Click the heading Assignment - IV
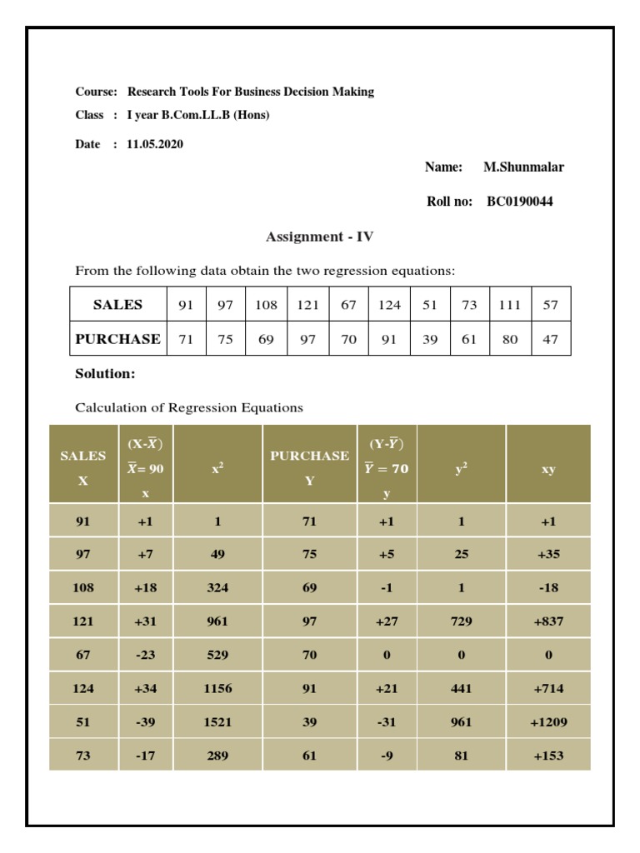point(319,237)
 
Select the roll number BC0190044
point(519,202)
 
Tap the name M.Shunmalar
point(523,167)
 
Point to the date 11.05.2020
point(155,144)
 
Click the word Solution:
point(105,374)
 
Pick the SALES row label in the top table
point(117,305)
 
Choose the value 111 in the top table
point(509,305)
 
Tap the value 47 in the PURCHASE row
point(550,339)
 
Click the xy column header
point(547,469)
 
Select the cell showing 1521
point(217,722)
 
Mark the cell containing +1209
point(547,722)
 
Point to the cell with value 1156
point(217,689)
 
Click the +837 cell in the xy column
point(547,621)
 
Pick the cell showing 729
point(461,621)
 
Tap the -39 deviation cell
point(146,722)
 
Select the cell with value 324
point(217,587)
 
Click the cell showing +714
point(547,689)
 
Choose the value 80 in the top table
point(509,339)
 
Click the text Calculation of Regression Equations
point(189,408)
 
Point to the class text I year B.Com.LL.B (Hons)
point(198,115)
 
